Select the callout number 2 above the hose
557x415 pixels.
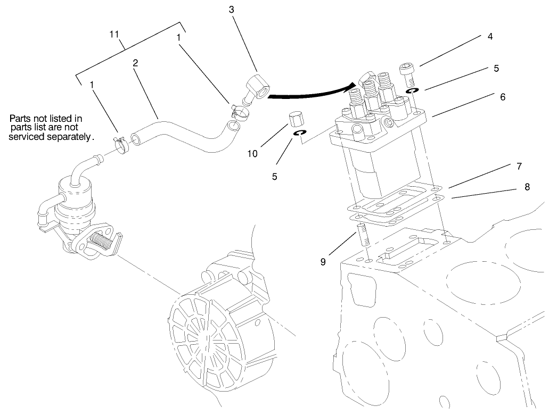[136, 63]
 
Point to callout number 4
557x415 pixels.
[489, 37]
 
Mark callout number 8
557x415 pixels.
[527, 187]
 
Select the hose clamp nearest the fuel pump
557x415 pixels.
[122, 143]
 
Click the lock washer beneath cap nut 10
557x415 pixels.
[300, 134]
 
